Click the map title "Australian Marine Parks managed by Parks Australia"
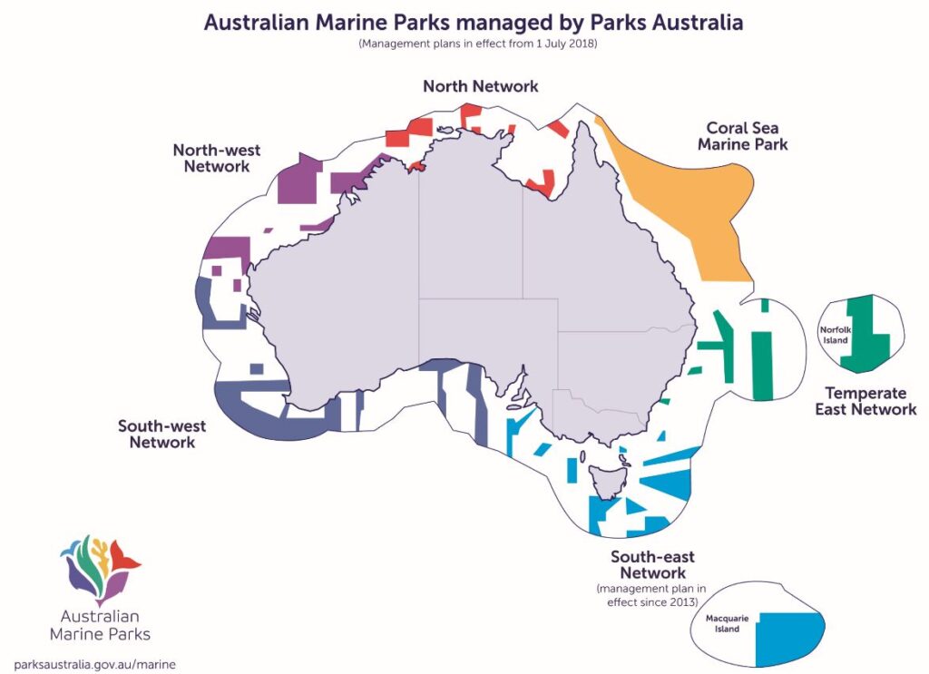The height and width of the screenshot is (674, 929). [x=473, y=23]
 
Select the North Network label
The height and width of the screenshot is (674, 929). [x=480, y=86]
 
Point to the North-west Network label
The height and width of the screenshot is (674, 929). [x=211, y=157]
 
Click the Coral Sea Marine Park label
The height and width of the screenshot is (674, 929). [x=748, y=136]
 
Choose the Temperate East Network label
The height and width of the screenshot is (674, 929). [x=871, y=401]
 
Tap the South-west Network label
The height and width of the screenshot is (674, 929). [x=161, y=434]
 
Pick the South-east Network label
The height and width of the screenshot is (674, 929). [x=652, y=564]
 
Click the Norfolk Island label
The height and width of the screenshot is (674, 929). [x=835, y=335]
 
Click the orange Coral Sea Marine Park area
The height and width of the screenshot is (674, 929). [x=689, y=190]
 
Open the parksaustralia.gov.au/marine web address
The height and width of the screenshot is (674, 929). [x=95, y=663]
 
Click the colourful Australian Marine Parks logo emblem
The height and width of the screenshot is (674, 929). [x=99, y=568]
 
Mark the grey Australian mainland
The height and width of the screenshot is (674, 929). [x=435, y=272]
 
